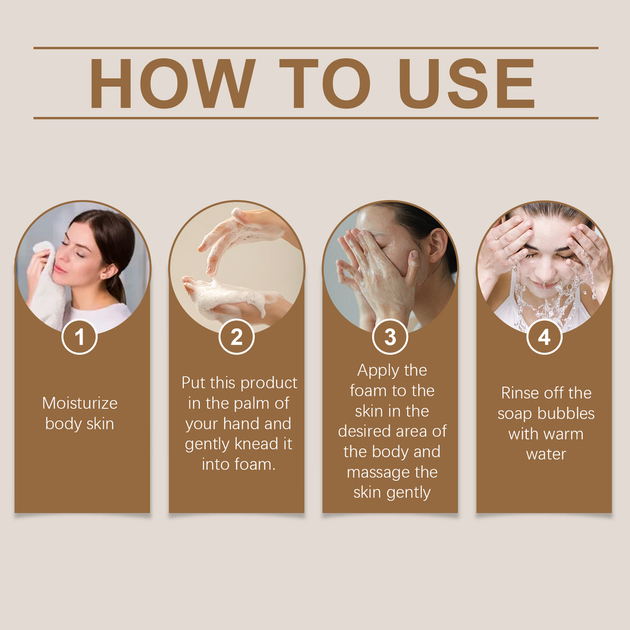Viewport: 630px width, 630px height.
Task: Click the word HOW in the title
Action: pyautogui.click(x=172, y=84)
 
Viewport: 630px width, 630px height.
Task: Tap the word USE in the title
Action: pyautogui.click(x=466, y=84)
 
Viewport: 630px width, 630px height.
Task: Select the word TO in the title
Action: pyautogui.click(x=325, y=84)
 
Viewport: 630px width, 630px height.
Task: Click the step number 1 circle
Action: pyautogui.click(x=79, y=337)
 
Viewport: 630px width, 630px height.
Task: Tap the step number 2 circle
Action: pyautogui.click(x=237, y=337)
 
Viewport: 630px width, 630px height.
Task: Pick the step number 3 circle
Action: pyautogui.click(x=390, y=337)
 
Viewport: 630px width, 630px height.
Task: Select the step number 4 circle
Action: pyautogui.click(x=544, y=337)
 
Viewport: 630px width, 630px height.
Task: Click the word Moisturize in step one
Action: pyautogui.click(x=80, y=403)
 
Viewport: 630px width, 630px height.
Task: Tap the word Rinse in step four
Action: pyautogui.click(x=519, y=393)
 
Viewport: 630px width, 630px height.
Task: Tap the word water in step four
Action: pyautogui.click(x=546, y=455)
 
